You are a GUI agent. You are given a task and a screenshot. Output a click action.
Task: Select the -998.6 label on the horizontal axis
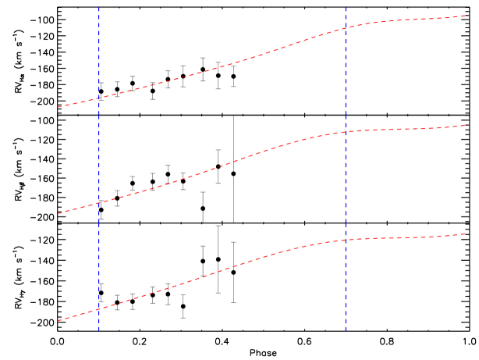pos(212,340)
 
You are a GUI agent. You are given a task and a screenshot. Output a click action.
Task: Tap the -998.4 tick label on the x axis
pos(297,340)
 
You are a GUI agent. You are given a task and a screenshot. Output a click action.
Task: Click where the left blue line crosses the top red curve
pos(99,98)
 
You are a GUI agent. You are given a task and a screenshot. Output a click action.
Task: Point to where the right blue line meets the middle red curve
pos(346,132)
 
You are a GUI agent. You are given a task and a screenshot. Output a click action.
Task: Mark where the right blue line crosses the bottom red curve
pos(346,239)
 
